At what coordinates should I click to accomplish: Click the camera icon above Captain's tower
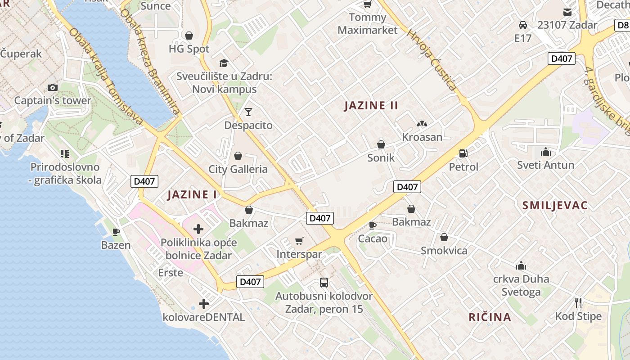pos(53,87)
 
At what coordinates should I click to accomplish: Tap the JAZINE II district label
pos(371,106)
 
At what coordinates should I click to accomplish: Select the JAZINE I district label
pos(192,195)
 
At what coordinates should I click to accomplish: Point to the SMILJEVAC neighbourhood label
pos(555,206)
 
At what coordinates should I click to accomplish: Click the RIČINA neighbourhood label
pos(490,317)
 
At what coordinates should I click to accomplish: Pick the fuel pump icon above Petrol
pos(463,153)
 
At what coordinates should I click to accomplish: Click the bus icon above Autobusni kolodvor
pos(324,283)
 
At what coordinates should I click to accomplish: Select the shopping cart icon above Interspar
pos(299,241)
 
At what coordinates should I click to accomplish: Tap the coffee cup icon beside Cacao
pos(372,225)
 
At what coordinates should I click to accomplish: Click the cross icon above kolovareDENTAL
pos(204,304)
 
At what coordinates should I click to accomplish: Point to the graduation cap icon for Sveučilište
pos(224,63)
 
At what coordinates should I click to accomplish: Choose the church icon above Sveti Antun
pos(546,152)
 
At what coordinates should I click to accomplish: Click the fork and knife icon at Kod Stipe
pos(578,302)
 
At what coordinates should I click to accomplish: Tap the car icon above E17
pos(523,25)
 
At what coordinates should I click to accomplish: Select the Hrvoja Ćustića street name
pos(432,59)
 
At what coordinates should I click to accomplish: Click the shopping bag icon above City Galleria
pos(238,156)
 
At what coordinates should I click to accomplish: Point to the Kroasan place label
pos(422,137)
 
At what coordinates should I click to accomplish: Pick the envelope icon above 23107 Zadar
pos(567,12)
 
